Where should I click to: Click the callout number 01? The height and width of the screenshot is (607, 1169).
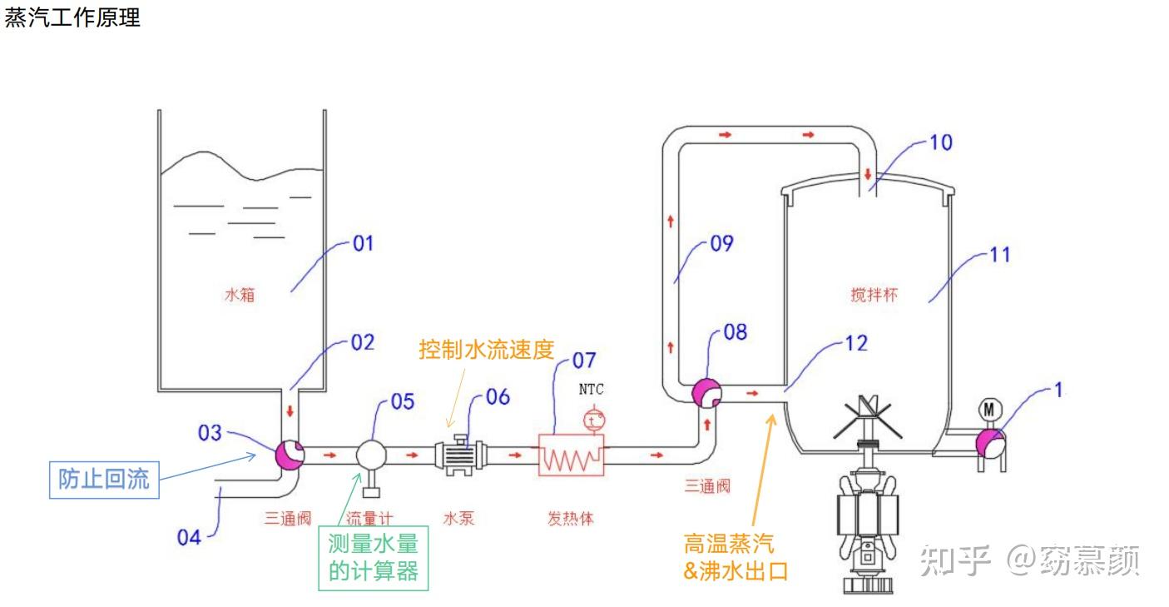point(363,244)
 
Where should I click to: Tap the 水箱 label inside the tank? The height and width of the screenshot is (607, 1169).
point(240,294)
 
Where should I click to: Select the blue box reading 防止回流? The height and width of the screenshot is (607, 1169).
point(104,479)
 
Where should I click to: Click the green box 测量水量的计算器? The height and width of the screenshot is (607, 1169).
point(373,558)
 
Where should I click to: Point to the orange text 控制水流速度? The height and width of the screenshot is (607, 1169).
point(486,349)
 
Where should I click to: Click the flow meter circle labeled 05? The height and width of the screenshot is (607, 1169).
point(371,455)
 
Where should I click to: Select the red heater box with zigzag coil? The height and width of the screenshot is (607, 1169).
point(572,455)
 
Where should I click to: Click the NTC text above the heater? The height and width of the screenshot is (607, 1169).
point(591,389)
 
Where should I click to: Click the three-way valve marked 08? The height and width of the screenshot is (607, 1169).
point(706,393)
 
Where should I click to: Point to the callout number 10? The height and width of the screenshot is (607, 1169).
point(940,142)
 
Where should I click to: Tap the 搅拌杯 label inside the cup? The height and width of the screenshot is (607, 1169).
point(874,294)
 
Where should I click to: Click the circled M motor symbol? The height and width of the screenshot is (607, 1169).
point(989,409)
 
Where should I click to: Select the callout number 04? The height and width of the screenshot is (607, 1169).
point(189,536)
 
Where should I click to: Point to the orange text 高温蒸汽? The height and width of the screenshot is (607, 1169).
point(728,544)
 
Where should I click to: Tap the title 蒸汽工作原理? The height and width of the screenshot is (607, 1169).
point(72,17)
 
